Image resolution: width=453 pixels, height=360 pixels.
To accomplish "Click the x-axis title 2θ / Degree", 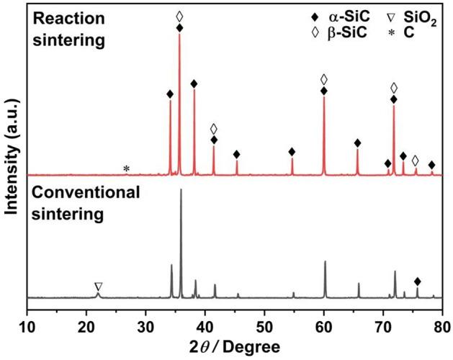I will click(x=234, y=346).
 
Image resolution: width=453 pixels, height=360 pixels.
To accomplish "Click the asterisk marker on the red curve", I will click(x=127, y=169).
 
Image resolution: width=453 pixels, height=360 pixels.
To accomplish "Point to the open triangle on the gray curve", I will click(x=99, y=287).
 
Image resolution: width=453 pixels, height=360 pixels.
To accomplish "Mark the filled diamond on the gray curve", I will click(x=417, y=281).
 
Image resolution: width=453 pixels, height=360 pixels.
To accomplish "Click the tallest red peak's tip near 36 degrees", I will click(x=179, y=35).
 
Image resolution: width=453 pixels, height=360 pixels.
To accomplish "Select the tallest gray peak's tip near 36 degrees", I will click(x=181, y=189).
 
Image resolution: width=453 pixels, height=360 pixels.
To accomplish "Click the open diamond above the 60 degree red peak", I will click(x=324, y=78).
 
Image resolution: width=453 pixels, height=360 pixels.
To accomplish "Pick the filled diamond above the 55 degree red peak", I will click(x=292, y=152).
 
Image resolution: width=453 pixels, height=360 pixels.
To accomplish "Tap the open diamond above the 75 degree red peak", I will click(x=416, y=160).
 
